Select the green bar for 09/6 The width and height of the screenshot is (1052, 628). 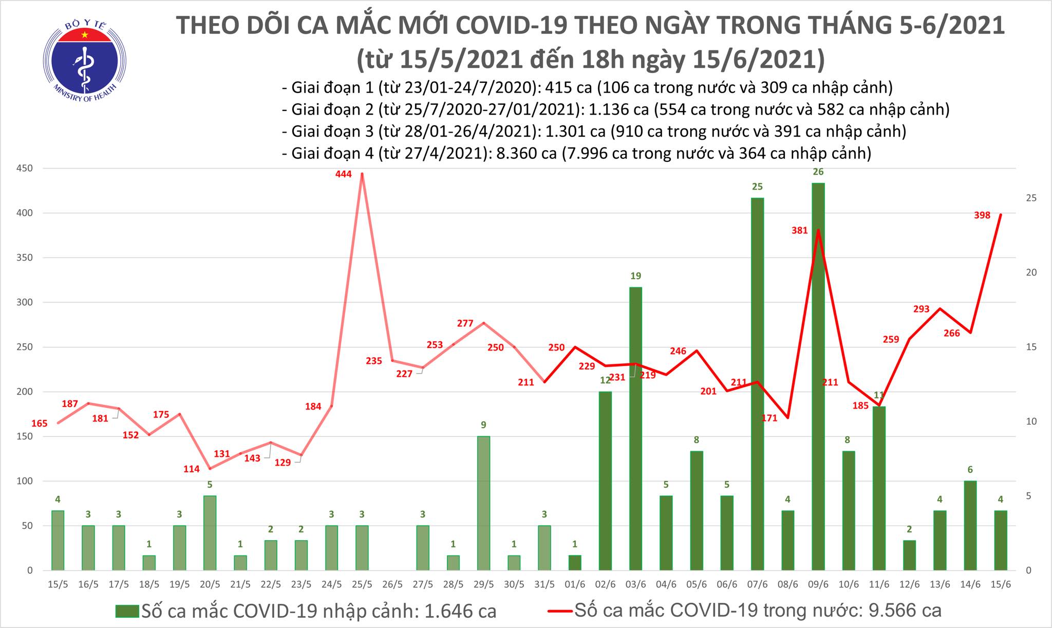coord(818,376)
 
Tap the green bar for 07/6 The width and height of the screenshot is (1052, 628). coord(757,384)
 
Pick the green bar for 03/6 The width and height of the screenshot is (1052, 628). coord(635,429)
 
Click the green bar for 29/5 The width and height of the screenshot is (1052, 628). coord(483,503)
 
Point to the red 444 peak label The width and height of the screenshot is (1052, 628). coord(343,174)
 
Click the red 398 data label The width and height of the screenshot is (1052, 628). coord(982,216)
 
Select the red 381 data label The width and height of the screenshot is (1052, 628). coord(799,231)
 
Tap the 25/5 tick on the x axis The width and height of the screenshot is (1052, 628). coord(362,585)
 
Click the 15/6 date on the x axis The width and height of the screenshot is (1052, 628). coord(1000,585)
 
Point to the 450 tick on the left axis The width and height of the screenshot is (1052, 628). coord(25,168)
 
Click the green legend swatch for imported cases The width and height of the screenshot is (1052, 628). coord(127,611)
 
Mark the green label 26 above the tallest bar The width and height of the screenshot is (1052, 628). coord(818,172)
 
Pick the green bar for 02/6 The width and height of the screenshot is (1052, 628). coord(605,481)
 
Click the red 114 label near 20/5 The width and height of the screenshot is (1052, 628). coord(191,469)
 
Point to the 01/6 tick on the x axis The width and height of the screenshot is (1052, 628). coord(575,585)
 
